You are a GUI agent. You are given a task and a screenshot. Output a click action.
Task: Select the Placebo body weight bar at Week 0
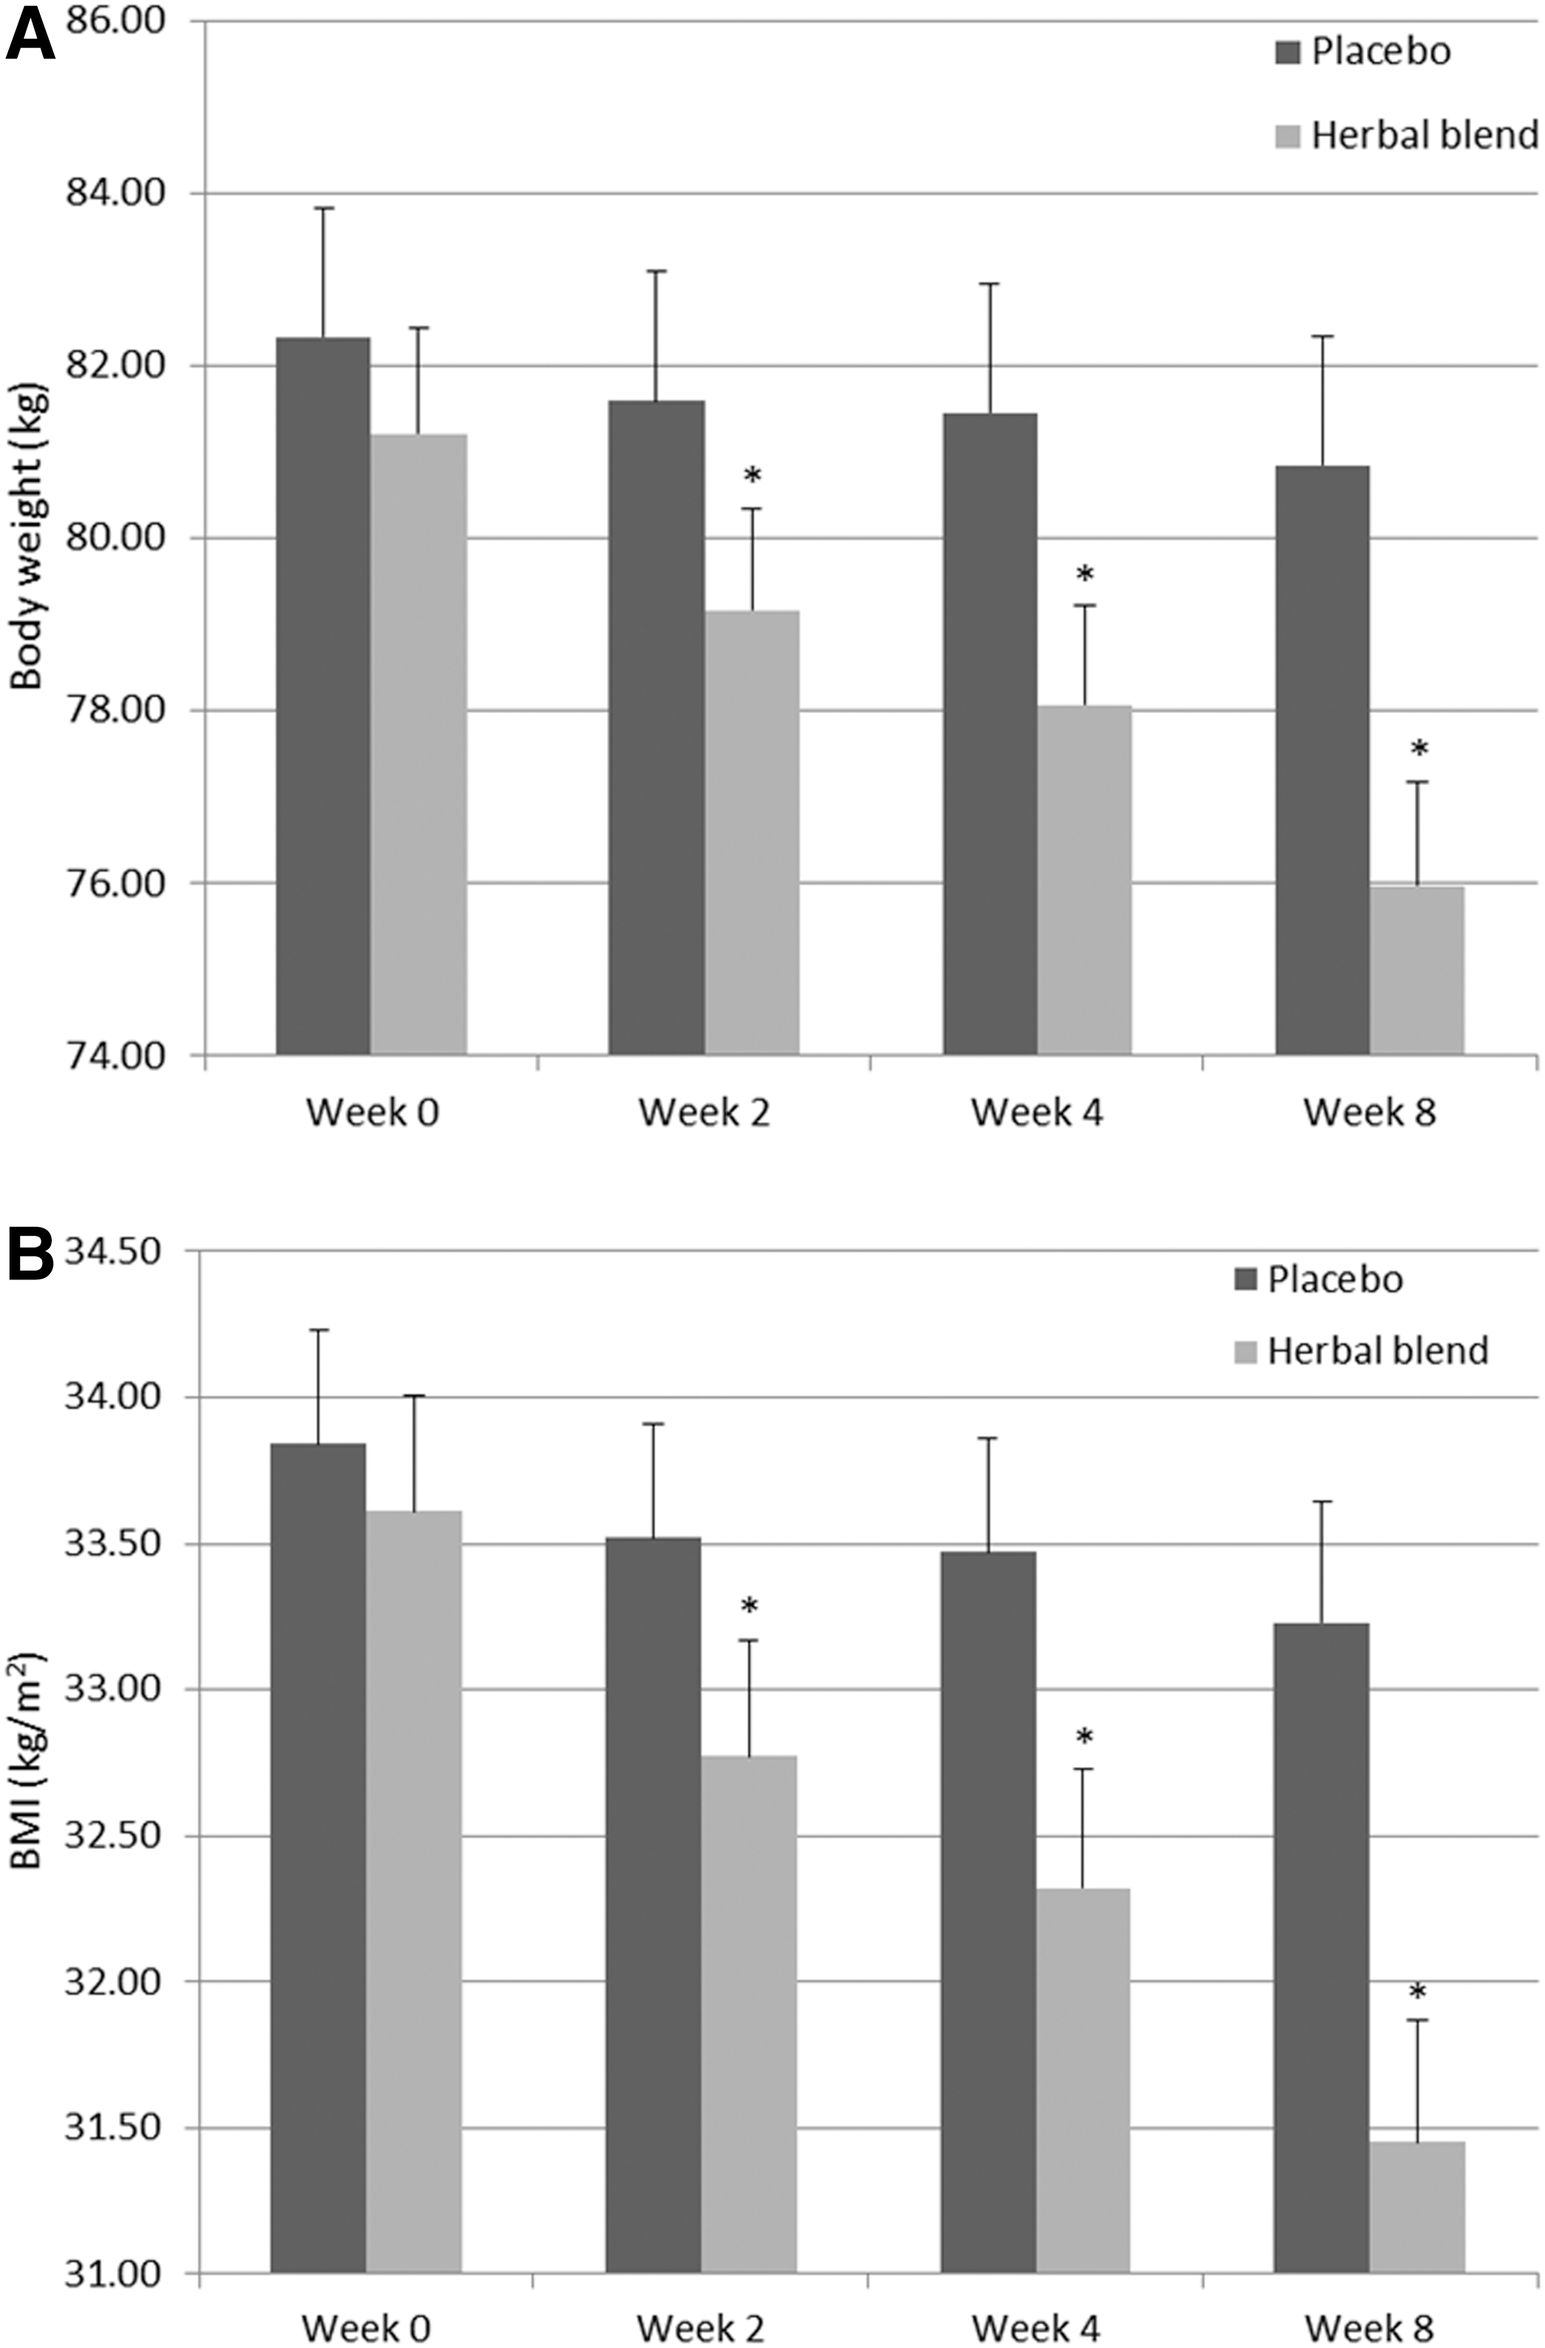tap(323, 696)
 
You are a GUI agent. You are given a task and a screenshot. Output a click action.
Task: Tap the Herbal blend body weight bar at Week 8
tap(1417, 971)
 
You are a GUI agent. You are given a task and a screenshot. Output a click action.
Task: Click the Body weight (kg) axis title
tap(27, 538)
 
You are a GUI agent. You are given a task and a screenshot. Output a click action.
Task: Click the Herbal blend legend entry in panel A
tap(1406, 134)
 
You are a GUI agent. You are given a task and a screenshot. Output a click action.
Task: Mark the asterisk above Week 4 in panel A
tap(1085, 574)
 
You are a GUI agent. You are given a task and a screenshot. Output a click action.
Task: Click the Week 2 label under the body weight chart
tap(704, 1112)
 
